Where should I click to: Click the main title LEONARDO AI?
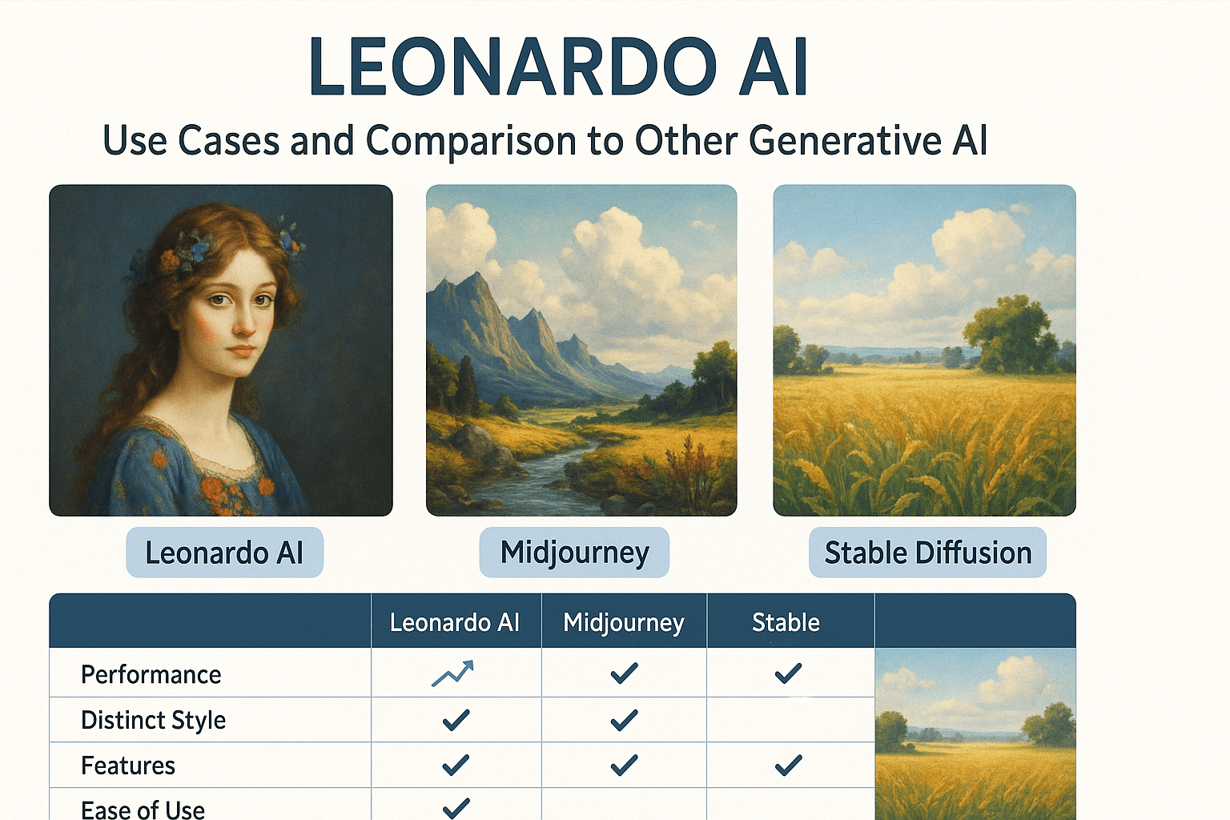click(558, 67)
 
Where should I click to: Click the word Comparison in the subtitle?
click(470, 142)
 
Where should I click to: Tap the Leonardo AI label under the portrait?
click(224, 553)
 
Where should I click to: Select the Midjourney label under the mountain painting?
click(574, 553)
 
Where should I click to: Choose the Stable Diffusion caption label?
click(928, 553)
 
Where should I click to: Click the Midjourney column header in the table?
click(624, 623)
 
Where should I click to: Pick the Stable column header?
click(786, 623)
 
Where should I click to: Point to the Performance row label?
click(151, 674)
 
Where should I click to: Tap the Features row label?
click(128, 766)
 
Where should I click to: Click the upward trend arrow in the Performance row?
click(452, 673)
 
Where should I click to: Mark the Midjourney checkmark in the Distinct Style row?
click(625, 720)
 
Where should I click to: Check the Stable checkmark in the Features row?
click(788, 765)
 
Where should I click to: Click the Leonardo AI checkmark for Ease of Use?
click(456, 809)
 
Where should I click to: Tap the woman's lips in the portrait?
click(241, 350)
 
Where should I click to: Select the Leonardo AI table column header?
click(455, 623)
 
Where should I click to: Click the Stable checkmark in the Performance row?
click(788, 673)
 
